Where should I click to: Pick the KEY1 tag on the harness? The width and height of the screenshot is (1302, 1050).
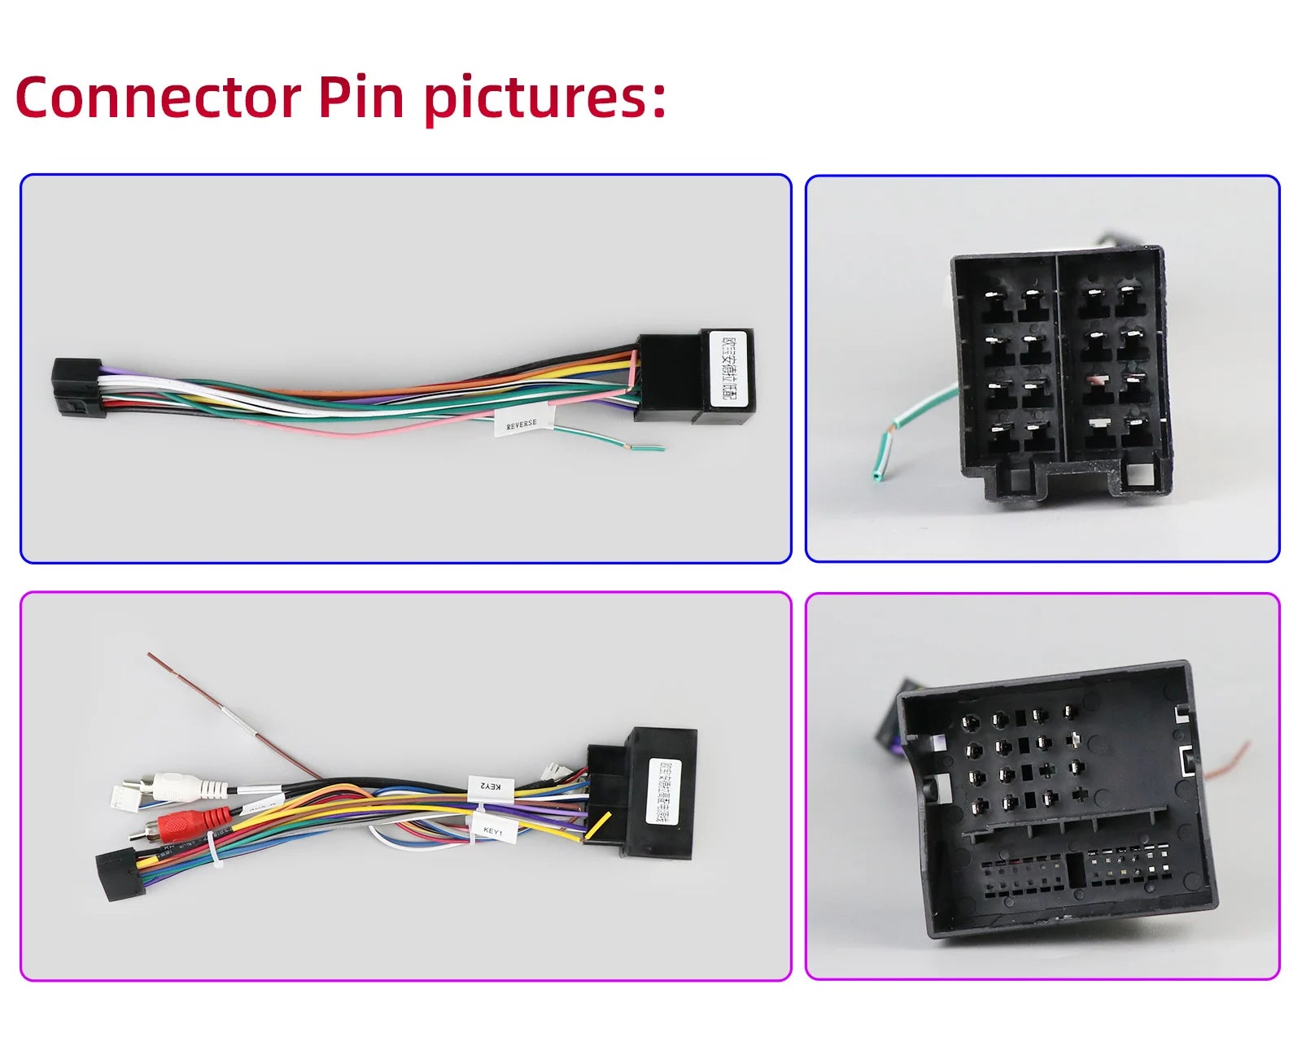[493, 831]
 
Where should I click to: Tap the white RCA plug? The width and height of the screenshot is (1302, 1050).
[181, 786]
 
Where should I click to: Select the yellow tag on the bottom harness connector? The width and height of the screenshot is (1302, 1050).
[598, 825]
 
